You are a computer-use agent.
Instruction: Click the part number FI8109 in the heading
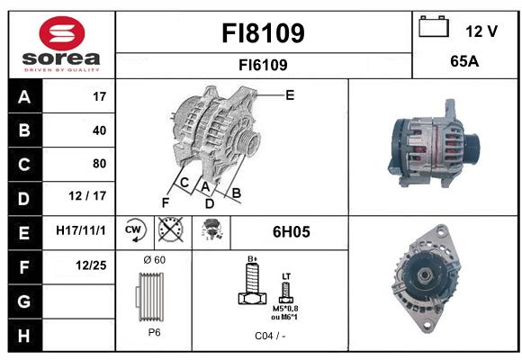(x=263, y=33)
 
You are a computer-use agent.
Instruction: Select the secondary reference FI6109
(x=263, y=65)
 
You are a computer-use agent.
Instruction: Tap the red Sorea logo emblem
(x=62, y=33)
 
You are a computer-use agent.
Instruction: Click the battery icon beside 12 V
(x=434, y=26)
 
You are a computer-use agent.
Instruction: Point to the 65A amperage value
(x=464, y=61)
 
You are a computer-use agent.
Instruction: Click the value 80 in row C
(x=100, y=164)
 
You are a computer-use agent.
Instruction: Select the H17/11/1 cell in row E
(x=81, y=230)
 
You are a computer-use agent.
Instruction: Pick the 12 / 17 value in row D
(x=87, y=196)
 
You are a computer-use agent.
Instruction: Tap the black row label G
(x=25, y=301)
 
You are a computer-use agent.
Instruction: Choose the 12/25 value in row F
(x=91, y=265)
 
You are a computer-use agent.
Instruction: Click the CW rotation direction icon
(x=135, y=230)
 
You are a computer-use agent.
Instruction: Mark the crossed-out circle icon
(x=171, y=229)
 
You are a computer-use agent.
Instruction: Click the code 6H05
(x=292, y=232)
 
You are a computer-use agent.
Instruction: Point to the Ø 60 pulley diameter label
(x=155, y=260)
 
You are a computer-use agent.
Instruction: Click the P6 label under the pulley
(x=154, y=332)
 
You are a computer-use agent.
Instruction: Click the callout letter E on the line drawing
(x=290, y=95)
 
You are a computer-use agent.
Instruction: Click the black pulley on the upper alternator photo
(x=472, y=146)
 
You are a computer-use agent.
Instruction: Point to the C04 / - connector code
(x=270, y=336)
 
